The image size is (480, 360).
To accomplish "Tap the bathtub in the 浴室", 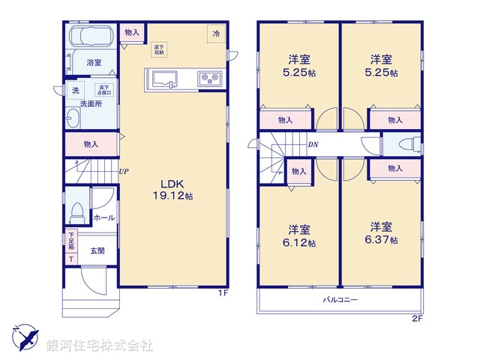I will [x=90, y=37].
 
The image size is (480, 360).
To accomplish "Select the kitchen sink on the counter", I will [x=163, y=78].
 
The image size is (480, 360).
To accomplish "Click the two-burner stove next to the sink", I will [x=208, y=78].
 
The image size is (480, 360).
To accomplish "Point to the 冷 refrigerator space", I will [x=216, y=34].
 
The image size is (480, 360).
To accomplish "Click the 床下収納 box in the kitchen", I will [x=159, y=49].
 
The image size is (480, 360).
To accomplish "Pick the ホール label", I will [x=103, y=217].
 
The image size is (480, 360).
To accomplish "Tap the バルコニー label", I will [x=340, y=300].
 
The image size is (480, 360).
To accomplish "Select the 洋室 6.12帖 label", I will [x=300, y=236].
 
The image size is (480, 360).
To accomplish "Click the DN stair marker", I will [x=313, y=145].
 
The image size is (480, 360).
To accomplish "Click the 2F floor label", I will [x=418, y=319].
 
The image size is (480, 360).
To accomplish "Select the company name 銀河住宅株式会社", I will [x=100, y=346].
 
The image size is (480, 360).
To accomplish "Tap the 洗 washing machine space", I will [x=75, y=91].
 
